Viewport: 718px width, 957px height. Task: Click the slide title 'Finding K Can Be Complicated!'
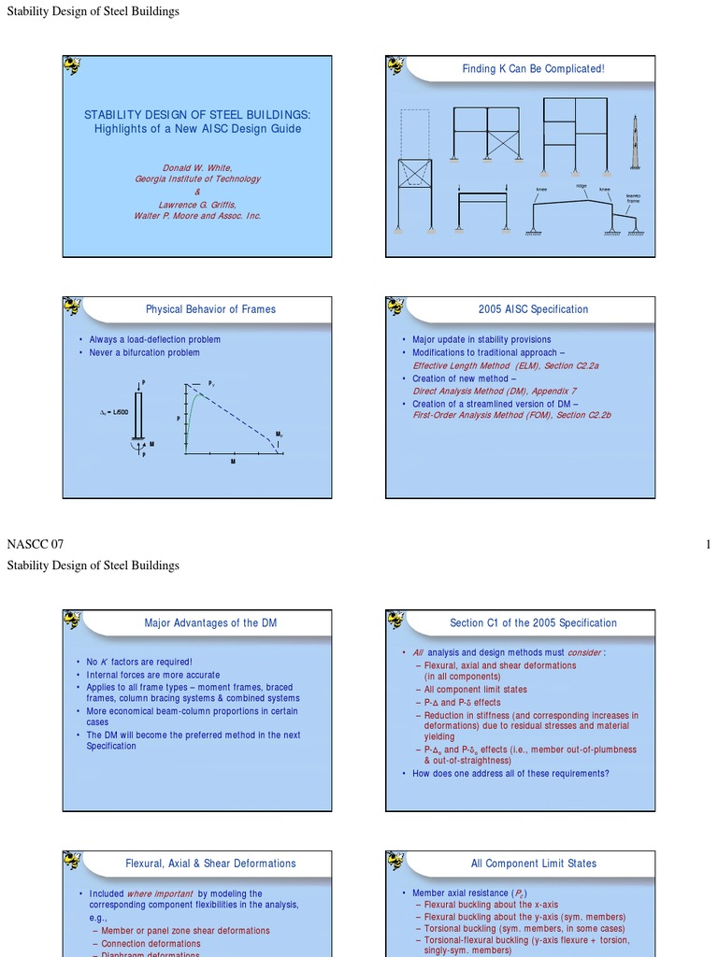pyautogui.click(x=533, y=69)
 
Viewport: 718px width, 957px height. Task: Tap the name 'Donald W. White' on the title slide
pyautogui.click(x=196, y=168)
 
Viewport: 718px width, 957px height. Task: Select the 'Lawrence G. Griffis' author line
pyautogui.click(x=196, y=204)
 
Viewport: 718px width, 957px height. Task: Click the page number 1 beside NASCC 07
pyautogui.click(x=709, y=544)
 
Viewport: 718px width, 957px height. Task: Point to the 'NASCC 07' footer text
pyautogui.click(x=35, y=544)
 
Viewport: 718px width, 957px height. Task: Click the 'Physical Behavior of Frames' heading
pyautogui.click(x=210, y=309)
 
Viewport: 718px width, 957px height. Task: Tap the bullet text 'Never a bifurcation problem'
pyautogui.click(x=144, y=352)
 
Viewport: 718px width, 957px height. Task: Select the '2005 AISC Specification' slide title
pyautogui.click(x=533, y=309)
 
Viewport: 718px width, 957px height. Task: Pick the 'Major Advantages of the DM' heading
pyautogui.click(x=210, y=623)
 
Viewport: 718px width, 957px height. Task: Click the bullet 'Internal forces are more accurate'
pyautogui.click(x=153, y=675)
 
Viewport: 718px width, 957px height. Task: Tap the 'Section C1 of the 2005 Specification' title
pyautogui.click(x=533, y=623)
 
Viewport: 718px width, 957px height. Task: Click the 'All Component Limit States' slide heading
pyautogui.click(x=533, y=864)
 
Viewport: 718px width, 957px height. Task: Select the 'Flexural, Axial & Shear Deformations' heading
pyautogui.click(x=210, y=864)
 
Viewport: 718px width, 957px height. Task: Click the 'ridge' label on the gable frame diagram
pyautogui.click(x=581, y=186)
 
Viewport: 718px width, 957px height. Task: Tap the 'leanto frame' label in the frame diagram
pyautogui.click(x=633, y=198)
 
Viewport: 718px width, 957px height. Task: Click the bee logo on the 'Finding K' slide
pyautogui.click(x=396, y=66)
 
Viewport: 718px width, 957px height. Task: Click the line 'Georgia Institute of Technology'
pyautogui.click(x=197, y=179)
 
